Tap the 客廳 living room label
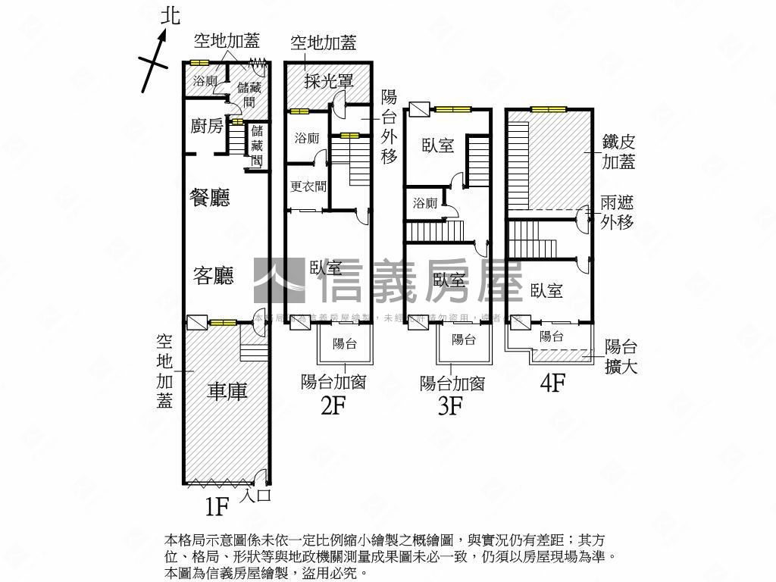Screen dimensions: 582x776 click(213, 275)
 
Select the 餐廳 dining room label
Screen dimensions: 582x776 click(209, 198)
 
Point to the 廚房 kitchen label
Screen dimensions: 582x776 click(206, 126)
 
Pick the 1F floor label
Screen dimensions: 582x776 click(216, 505)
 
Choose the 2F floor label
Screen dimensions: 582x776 click(333, 406)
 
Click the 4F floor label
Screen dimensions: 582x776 click(552, 383)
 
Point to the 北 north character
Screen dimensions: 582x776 click(171, 15)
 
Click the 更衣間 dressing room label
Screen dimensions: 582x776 click(308, 186)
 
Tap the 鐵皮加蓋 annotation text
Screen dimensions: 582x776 click(618, 151)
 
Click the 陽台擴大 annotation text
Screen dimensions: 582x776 click(621, 357)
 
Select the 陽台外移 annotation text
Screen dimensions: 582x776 click(390, 127)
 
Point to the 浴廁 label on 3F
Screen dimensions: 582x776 click(425, 202)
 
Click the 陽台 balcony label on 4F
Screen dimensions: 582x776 click(551, 336)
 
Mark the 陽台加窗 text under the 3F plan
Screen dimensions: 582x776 click(452, 383)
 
